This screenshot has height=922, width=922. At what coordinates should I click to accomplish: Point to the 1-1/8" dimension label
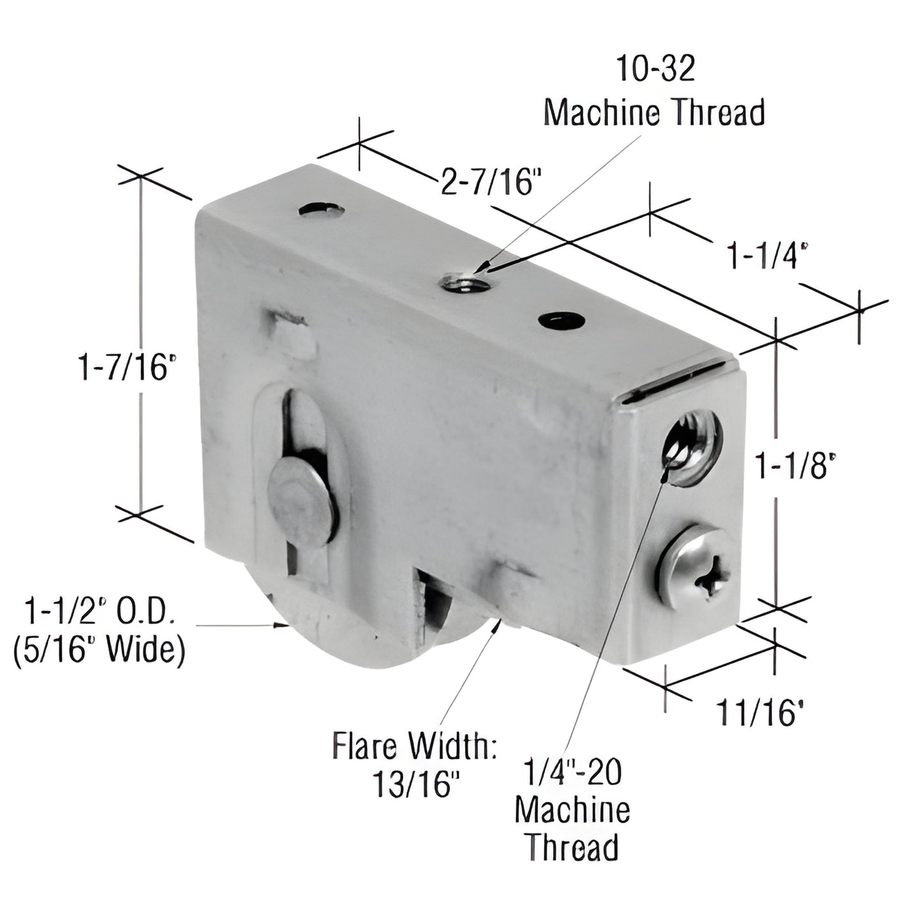[794, 466]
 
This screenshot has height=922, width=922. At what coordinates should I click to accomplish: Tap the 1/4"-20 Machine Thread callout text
[572, 810]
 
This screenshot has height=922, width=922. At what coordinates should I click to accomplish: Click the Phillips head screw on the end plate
[699, 562]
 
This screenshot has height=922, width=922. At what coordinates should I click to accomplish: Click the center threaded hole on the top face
[466, 281]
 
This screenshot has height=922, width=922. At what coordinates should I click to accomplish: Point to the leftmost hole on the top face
[321, 210]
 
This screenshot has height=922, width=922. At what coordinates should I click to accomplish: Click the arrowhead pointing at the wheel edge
[278, 625]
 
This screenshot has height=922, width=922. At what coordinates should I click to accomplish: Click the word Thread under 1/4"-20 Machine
[572, 847]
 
